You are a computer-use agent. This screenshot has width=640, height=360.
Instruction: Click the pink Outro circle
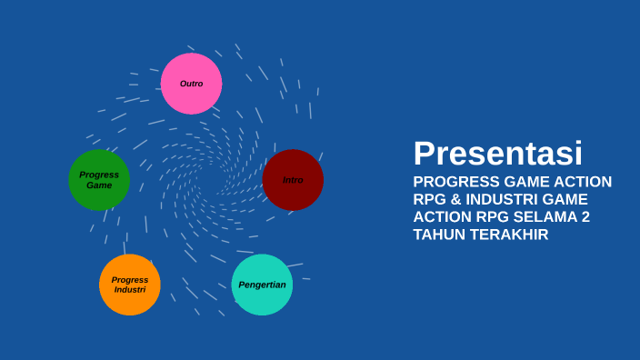[x=191, y=84]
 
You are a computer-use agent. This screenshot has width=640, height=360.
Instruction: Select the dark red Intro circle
[x=293, y=180]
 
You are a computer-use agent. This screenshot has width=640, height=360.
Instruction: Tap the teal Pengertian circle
[x=262, y=285]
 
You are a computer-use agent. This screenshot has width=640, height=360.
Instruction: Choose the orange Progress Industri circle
[x=130, y=285]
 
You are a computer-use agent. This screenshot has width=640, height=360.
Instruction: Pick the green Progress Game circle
[x=99, y=180]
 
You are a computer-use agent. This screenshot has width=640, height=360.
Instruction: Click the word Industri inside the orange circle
[x=130, y=290]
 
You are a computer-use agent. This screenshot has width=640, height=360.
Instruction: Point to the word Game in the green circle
[x=99, y=185]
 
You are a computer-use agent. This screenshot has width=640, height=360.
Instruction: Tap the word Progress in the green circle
[x=99, y=175]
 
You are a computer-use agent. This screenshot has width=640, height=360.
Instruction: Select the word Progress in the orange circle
[x=130, y=280]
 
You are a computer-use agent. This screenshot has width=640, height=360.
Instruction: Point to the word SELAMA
[x=543, y=217]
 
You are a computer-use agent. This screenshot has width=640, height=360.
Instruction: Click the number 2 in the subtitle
[x=585, y=217]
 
